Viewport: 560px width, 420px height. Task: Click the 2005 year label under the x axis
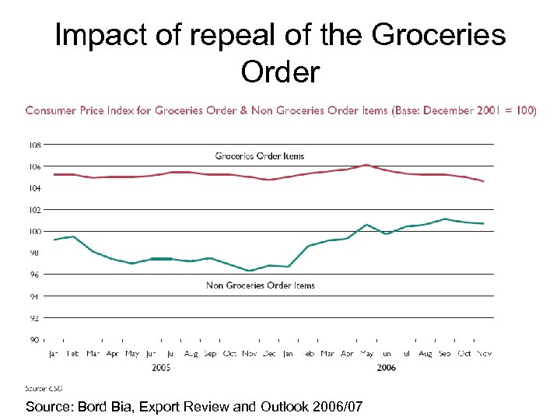pos(161,366)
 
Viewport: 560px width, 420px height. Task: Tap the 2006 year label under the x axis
pos(385,366)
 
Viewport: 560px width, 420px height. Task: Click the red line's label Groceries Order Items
pos(260,156)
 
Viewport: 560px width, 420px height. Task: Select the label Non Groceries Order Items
pos(261,285)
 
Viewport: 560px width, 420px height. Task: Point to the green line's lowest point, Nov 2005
pos(250,271)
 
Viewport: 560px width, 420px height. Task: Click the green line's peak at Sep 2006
pos(445,219)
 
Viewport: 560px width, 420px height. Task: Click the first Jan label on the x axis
pos(54,354)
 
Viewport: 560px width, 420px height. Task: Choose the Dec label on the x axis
pos(269,354)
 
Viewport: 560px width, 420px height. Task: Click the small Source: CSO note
pos(44,388)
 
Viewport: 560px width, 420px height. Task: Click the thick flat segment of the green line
pos(161,258)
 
